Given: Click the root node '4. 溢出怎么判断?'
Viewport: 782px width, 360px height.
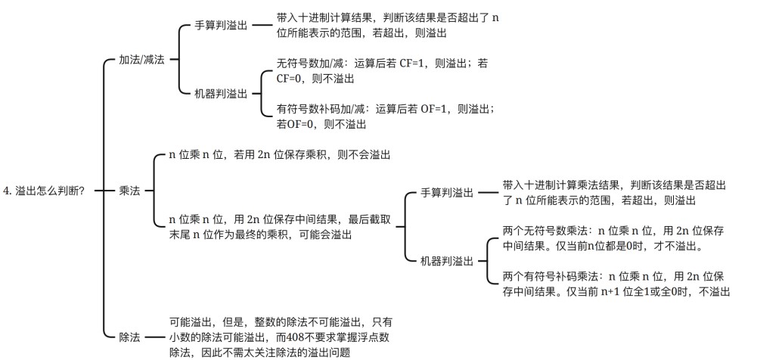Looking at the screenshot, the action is pos(43,191).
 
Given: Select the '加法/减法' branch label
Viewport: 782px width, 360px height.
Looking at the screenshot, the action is pos(141,60).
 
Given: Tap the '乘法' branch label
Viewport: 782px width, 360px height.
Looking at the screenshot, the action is pos(129,191).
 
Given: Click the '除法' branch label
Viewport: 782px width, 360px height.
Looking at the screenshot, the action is pos(129,337).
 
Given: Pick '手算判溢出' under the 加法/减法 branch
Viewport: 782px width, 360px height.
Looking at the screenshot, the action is pos(220,26).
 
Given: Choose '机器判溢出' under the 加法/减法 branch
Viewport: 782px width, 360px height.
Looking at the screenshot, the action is pos(220,94).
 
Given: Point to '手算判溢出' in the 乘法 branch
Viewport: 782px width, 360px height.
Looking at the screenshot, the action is pos(447,193).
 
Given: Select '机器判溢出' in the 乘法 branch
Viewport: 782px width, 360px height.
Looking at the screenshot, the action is pos(447,261).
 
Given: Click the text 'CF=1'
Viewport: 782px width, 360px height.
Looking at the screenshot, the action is pos(413,64).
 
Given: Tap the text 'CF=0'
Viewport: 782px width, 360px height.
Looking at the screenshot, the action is pos(290,79).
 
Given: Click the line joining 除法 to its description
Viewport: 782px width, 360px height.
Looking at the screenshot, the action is pos(154,337).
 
